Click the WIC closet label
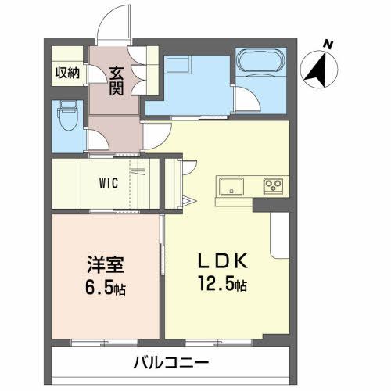[109, 184]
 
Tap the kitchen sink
[232, 187]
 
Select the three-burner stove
[274, 186]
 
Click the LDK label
[221, 263]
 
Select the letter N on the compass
[329, 45]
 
